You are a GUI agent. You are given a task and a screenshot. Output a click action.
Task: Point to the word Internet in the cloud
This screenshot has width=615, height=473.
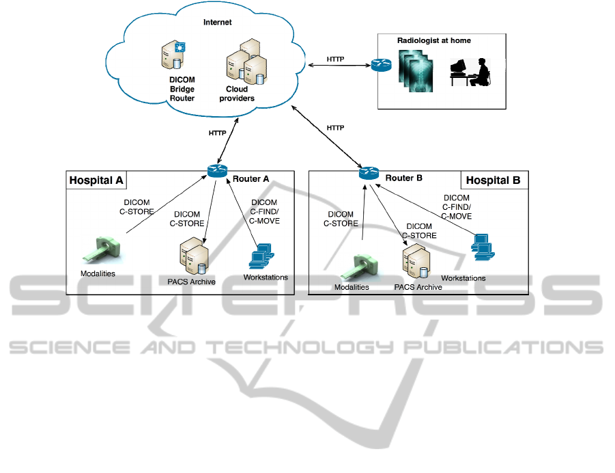218,23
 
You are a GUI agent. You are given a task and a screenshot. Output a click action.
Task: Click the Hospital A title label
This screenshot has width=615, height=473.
96,180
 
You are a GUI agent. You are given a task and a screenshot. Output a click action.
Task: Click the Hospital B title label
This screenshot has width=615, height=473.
494,180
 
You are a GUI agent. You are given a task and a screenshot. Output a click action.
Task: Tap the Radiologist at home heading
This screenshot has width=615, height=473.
433,41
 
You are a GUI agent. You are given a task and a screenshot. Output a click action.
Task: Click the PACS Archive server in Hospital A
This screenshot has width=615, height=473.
192,257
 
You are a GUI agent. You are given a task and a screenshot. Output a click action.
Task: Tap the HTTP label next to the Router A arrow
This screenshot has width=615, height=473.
217,133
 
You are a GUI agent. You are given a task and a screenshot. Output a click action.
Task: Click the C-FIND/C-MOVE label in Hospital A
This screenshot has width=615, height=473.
265,212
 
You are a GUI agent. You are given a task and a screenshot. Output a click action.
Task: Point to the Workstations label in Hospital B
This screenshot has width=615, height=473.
463,278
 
